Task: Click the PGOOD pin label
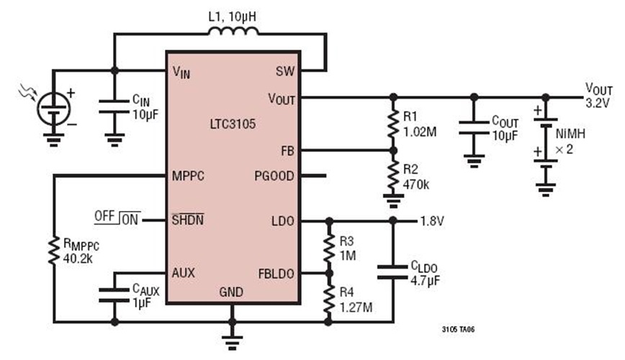point(274,175)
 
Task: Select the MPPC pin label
point(189,175)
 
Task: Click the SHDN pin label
point(187,220)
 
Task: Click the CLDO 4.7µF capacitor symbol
point(393,272)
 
